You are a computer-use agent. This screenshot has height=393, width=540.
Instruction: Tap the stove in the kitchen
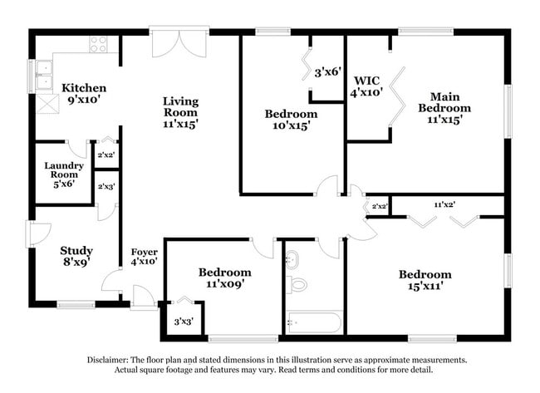coord(98,44)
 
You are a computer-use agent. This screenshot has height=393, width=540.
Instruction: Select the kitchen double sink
coord(43,76)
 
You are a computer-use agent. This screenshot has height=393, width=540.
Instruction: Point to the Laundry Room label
coord(63,169)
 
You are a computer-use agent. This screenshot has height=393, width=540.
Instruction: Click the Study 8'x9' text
coord(76,256)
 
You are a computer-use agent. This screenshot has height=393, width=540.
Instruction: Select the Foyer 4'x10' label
coord(145,256)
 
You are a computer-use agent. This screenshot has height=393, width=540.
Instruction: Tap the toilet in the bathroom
coord(297,284)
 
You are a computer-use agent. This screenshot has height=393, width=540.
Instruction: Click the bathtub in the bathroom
coord(313,322)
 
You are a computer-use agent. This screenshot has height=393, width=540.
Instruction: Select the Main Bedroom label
coord(444,107)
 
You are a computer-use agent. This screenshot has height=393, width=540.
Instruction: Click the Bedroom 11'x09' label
coord(224,278)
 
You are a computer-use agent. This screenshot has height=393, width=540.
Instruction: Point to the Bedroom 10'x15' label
coord(291,119)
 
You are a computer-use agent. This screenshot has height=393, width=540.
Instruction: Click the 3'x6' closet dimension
coord(327,73)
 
